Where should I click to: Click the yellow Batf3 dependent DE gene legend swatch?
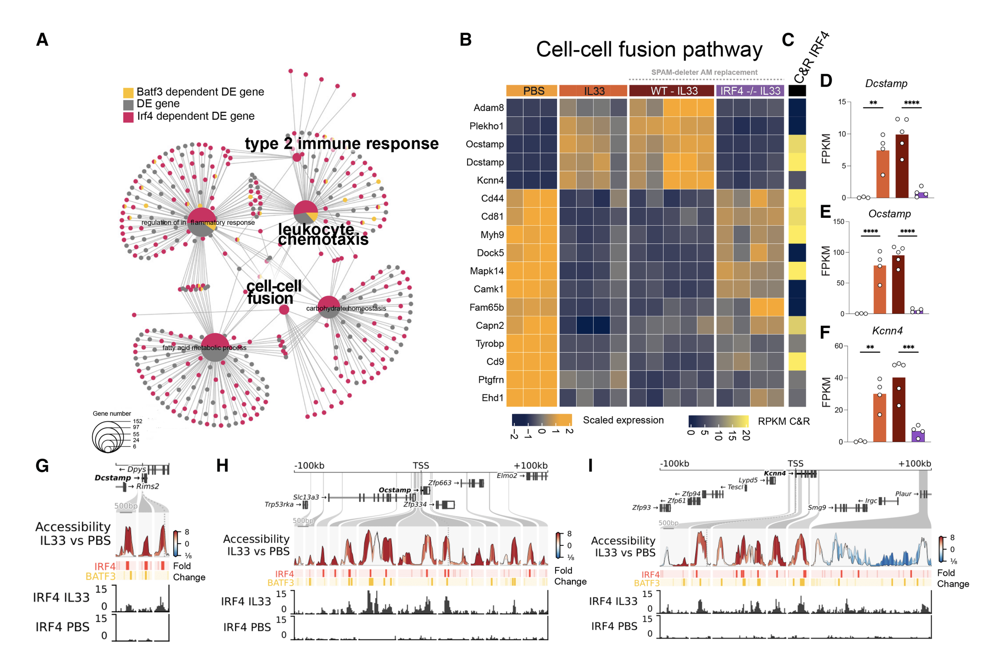tap(128, 92)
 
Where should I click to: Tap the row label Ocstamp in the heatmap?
tap(484, 144)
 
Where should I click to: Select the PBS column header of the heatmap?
tap(533, 91)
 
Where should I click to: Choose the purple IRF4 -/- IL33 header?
tap(750, 91)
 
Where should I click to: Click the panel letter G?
tap(42, 466)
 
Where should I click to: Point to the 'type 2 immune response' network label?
tap(342, 143)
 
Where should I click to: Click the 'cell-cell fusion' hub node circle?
tap(284, 309)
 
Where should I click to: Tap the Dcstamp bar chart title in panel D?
tap(886, 83)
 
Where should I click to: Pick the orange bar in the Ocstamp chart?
tap(880, 290)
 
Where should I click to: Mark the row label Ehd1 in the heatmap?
tap(492, 398)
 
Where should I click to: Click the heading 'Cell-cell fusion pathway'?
tap(649, 49)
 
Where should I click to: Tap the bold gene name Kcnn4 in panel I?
tap(775, 473)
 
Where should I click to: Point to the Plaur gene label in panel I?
tap(903, 494)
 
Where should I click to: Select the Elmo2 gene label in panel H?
tap(507, 475)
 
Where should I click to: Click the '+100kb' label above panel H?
tap(530, 466)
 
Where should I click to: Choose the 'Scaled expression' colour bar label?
tap(623, 420)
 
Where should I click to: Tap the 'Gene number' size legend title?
tap(112, 413)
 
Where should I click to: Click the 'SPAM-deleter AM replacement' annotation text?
tap(704, 72)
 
